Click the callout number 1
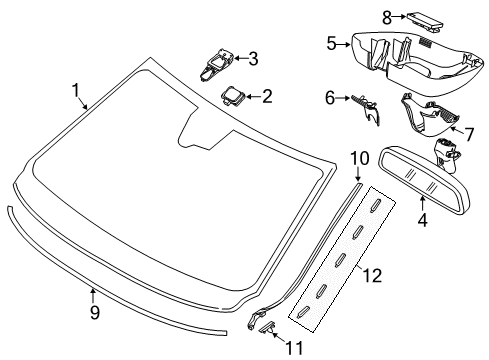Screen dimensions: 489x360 tap(76, 91)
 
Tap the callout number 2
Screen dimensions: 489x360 tap(267, 96)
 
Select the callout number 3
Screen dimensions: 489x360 tap(253, 59)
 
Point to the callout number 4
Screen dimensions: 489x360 tap(422, 220)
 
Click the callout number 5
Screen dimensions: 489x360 tap(331, 44)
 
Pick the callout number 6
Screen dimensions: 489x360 tap(330, 98)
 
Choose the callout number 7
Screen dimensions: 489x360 tap(469, 135)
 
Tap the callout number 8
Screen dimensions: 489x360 tap(387, 17)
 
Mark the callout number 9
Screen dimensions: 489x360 tap(95, 313)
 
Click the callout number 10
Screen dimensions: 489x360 tap(360, 158)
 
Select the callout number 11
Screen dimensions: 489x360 tap(294, 348)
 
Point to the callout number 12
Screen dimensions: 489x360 tap(372, 276)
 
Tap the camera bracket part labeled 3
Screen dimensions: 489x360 tap(216, 65)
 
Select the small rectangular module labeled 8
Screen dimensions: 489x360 tap(425, 22)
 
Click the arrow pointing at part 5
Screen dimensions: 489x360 tap(344, 44)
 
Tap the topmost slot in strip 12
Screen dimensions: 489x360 tap(375, 203)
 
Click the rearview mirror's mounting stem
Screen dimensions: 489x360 tap(447, 155)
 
